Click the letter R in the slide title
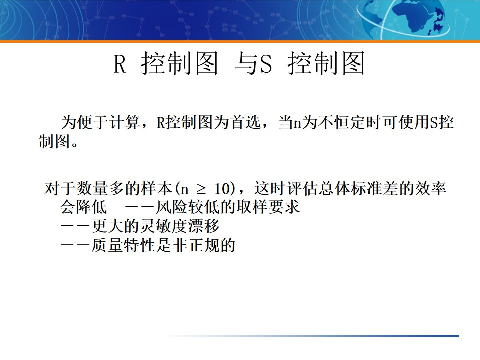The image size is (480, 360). click(x=120, y=65)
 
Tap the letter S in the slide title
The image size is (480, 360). click(x=266, y=65)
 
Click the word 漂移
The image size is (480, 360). click(x=205, y=226)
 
